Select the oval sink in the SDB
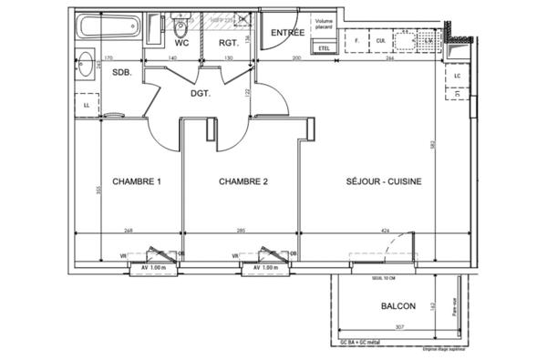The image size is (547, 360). tap(86, 65)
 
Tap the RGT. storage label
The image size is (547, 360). tap(228, 42)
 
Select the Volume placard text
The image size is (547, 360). tap(325, 25)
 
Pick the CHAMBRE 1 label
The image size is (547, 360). tap(136, 181)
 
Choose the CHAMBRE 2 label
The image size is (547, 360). tap(243, 181)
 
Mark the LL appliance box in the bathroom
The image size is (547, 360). tap(86, 105)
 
